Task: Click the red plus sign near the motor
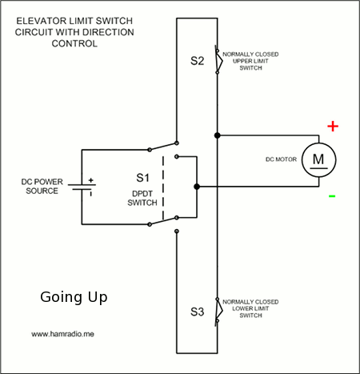(333, 126)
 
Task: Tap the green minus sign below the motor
(332, 196)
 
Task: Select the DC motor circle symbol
(318, 160)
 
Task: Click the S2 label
(197, 61)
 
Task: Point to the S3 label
(197, 312)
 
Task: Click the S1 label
(142, 178)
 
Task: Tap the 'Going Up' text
(74, 297)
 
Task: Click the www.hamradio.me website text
(62, 334)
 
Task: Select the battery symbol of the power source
(82, 187)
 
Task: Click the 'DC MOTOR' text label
(281, 159)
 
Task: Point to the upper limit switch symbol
(218, 61)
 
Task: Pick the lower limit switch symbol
(218, 311)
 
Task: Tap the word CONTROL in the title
(74, 43)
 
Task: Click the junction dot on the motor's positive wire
(218, 135)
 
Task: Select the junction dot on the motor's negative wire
(197, 187)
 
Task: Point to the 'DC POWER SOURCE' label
(42, 187)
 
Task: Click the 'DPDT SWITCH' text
(142, 198)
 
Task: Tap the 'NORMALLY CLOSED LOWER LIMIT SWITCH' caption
(250, 308)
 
